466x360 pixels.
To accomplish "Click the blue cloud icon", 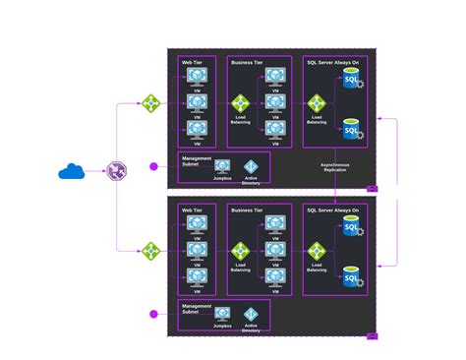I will coord(72,172).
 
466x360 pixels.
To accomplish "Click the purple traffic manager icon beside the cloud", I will coord(117,172).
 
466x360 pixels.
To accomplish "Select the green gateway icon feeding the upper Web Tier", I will coord(150,102).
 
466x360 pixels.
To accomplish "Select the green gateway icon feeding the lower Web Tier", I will coord(150,251).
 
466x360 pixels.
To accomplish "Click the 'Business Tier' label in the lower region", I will coord(248,210).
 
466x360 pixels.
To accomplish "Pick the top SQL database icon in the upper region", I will coord(351,80).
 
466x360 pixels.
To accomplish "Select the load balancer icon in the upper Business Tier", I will coord(240,102).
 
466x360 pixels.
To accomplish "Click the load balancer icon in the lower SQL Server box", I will coord(317,251).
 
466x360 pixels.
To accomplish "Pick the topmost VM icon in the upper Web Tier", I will coord(198,77).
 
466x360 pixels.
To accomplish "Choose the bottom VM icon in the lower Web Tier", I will coord(198,276).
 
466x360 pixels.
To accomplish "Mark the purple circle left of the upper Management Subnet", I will coord(153,166).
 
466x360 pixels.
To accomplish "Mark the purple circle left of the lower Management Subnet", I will coord(153,315).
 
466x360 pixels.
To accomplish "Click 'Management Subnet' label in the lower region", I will coord(197,312).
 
